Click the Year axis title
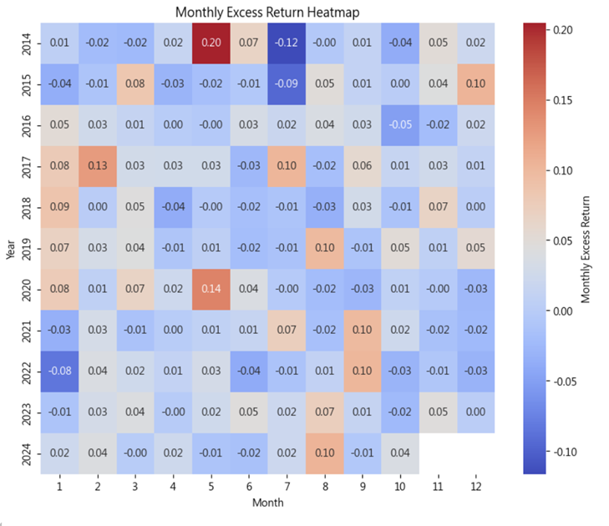point(11,249)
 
